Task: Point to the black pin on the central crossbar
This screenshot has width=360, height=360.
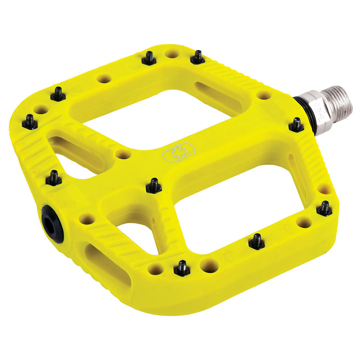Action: (154, 185)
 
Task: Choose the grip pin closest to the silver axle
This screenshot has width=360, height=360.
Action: (296, 124)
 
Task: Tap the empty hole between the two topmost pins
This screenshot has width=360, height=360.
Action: (172, 53)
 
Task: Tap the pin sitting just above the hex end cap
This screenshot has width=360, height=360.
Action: (54, 177)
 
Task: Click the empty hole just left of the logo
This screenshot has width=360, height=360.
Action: (123, 155)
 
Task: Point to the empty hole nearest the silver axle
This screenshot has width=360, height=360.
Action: (264, 95)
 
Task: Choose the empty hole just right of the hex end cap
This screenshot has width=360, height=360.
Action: (87, 219)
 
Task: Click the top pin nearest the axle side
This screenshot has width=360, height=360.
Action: (198, 57)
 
